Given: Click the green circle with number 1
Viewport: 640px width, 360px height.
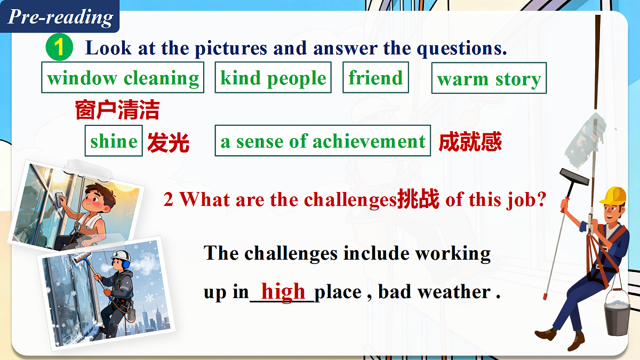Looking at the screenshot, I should click(x=59, y=48).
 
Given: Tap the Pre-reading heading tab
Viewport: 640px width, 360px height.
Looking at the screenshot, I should click(x=60, y=17).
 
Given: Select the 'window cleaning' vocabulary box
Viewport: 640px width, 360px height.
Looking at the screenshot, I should click(x=123, y=78).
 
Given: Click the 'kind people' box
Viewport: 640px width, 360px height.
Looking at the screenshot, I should click(x=273, y=78).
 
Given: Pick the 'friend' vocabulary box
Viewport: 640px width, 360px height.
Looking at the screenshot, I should click(x=375, y=78).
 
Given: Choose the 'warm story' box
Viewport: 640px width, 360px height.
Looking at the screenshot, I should click(x=489, y=79).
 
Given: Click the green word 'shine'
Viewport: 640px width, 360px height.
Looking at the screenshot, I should click(x=114, y=141).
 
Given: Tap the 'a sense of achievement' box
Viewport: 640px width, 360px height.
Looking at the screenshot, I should click(x=323, y=141).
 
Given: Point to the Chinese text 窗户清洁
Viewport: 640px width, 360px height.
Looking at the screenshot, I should click(x=117, y=111).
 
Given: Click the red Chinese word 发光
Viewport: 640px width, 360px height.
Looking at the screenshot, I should click(x=168, y=142).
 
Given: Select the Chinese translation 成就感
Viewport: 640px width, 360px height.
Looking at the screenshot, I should click(x=470, y=142).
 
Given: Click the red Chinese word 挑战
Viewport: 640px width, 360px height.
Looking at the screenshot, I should click(x=418, y=199).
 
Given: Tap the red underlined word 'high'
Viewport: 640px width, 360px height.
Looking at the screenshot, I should click(x=283, y=291).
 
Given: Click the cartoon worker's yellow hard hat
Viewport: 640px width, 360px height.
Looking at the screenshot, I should click(x=613, y=195).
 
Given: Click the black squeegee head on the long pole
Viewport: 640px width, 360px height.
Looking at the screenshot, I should click(x=574, y=177).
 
